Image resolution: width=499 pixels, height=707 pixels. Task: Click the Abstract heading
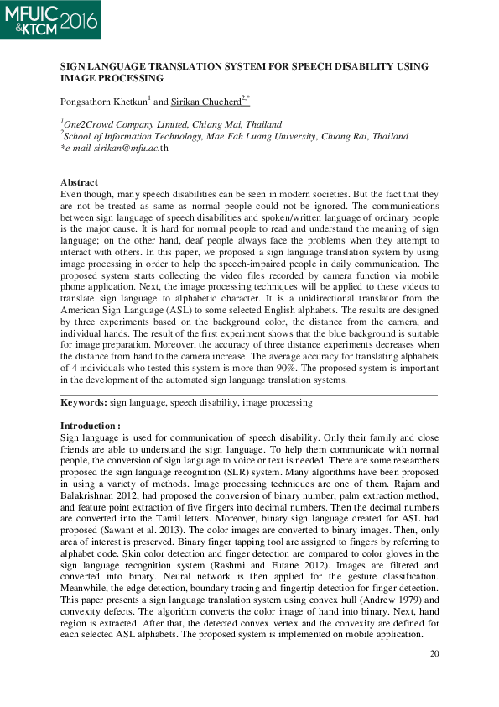[x=79, y=182]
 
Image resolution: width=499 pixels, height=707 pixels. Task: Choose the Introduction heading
[x=90, y=427]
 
